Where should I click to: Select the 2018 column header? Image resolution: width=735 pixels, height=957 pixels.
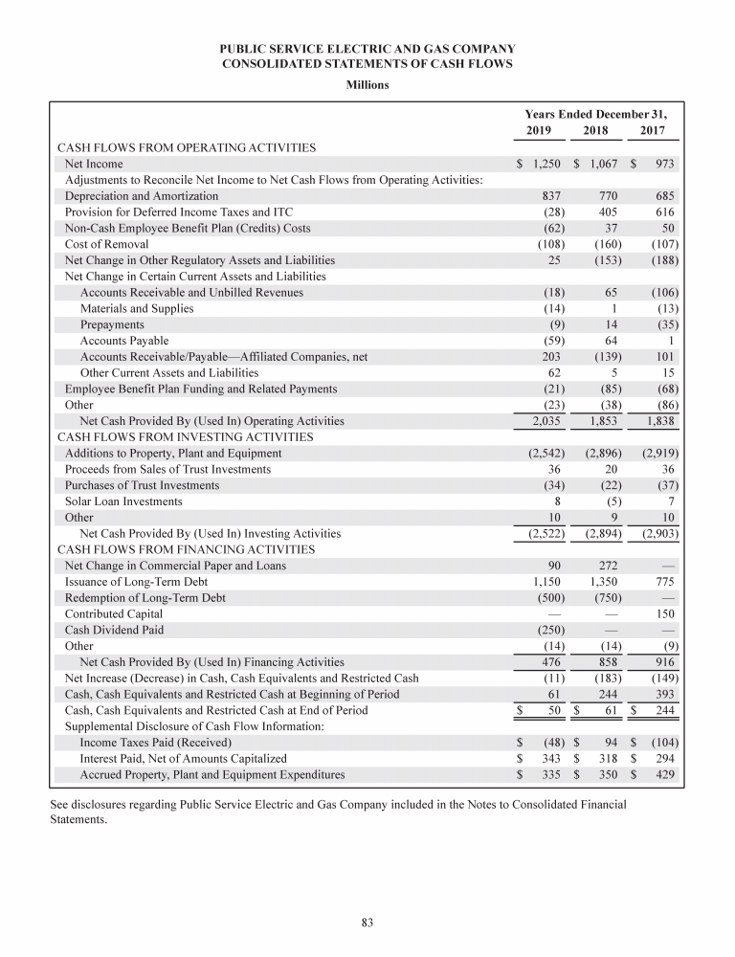[594, 131]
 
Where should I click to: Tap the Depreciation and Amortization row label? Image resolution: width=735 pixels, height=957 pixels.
[142, 195]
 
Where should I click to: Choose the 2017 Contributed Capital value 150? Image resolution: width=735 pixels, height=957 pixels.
[666, 613]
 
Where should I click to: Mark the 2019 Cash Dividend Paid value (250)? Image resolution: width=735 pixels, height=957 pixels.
[546, 630]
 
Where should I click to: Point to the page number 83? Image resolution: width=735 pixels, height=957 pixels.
[367, 922]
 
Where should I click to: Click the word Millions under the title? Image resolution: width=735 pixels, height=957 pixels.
[367, 85]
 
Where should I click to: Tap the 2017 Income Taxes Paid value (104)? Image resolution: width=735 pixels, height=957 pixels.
[663, 742]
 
